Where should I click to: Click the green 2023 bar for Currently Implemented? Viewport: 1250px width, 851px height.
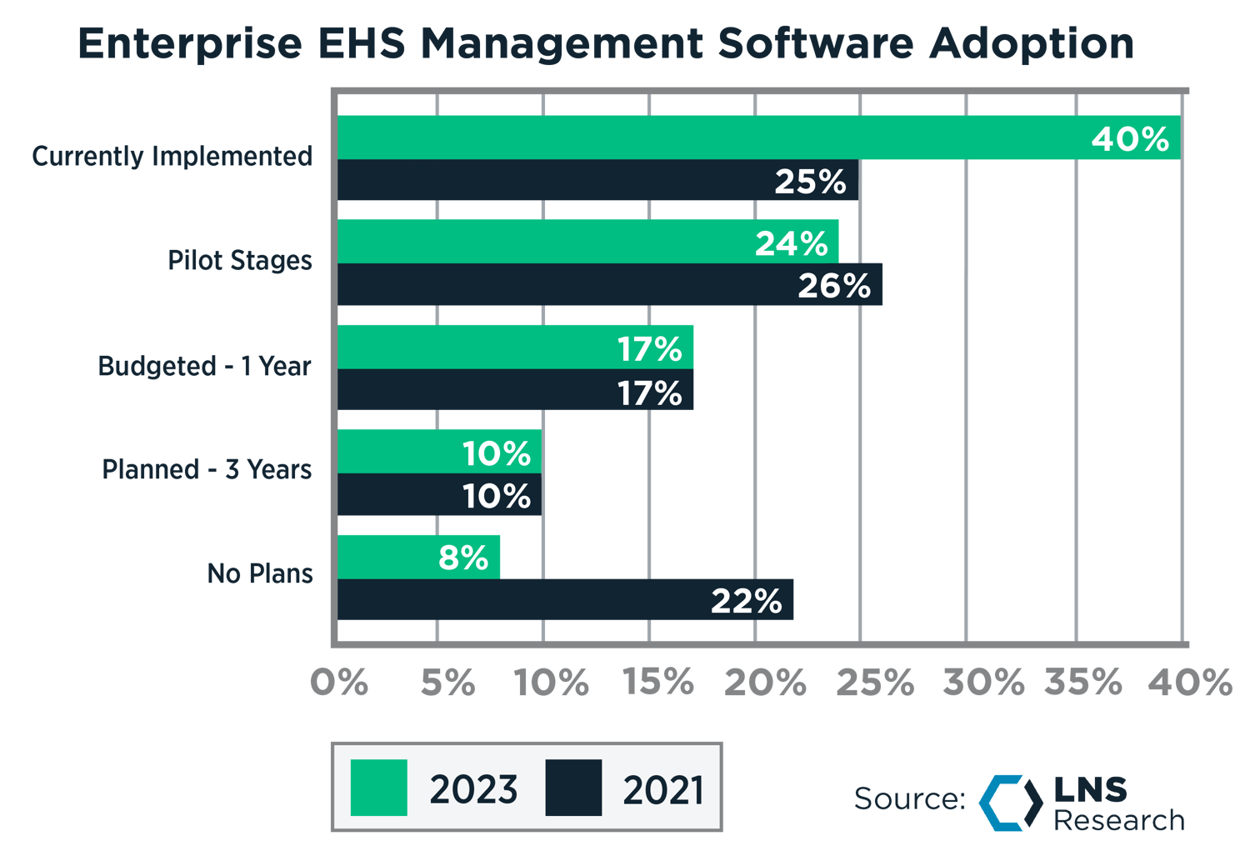pyautogui.click(x=708, y=138)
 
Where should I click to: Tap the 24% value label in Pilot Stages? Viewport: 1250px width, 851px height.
pyautogui.click(x=791, y=243)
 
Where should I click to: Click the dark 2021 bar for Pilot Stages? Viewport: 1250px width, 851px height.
pyautogui.click(x=567, y=285)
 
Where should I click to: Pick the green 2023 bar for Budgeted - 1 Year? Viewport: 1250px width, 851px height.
pyautogui.click(x=475, y=348)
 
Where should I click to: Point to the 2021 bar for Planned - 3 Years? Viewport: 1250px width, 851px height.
pyautogui.click(x=400, y=496)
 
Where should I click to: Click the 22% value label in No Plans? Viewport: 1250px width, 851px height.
pyautogui.click(x=746, y=601)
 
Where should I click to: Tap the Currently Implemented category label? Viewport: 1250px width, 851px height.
pyautogui.click(x=172, y=157)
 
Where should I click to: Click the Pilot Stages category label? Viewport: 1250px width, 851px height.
pyautogui.click(x=240, y=261)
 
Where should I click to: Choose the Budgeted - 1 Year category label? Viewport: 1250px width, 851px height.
pyautogui.click(x=204, y=366)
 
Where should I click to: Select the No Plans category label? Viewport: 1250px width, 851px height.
pyautogui.click(x=260, y=573)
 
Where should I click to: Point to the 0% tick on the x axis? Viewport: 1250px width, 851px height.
pyautogui.click(x=339, y=683)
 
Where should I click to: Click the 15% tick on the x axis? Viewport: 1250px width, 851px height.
pyautogui.click(x=658, y=683)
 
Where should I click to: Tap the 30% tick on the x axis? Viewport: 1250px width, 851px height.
pyautogui.click(x=983, y=683)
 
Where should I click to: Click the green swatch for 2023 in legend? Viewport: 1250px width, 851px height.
pyautogui.click(x=379, y=788)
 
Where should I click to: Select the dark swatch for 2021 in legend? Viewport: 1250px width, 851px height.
pyautogui.click(x=573, y=788)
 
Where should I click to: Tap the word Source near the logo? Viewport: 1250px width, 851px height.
pyautogui.click(x=908, y=798)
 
